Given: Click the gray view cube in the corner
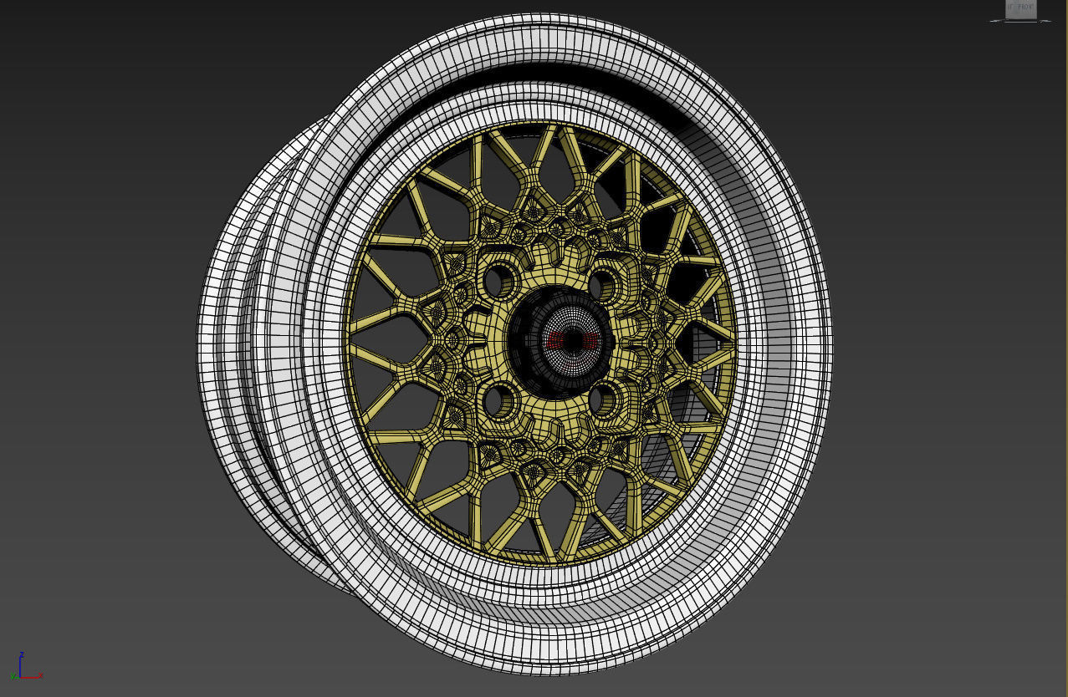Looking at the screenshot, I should (1020, 8).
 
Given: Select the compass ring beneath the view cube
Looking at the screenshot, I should (1020, 20).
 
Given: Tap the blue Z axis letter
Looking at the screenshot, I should (22, 654).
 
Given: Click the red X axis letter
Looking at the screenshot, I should (41, 674).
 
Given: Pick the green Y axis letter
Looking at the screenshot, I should (14, 675).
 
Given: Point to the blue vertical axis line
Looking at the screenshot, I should (22, 666).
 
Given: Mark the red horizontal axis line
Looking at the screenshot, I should (31, 676).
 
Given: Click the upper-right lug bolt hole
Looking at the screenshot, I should (604, 285).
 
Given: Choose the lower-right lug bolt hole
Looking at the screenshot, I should (605, 400).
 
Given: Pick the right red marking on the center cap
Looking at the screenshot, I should (589, 341).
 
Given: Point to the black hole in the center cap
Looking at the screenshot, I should (572, 341).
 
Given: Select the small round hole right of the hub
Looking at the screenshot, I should (654, 342).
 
